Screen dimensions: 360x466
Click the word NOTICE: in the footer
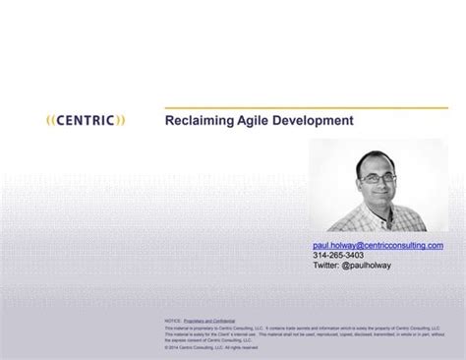173,320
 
